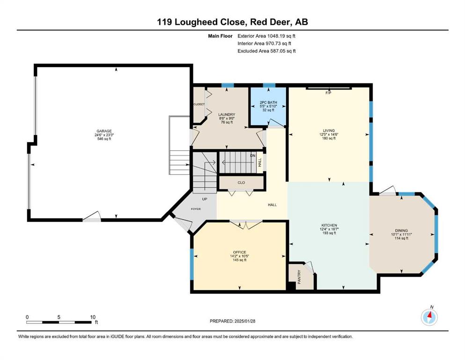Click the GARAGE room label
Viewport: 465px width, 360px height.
pyautogui.click(x=104, y=131)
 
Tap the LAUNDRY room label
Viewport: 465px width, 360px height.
pyautogui.click(x=227, y=114)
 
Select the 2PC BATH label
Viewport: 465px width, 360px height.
pyautogui.click(x=268, y=102)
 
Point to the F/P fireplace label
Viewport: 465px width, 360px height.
pyautogui.click(x=328, y=93)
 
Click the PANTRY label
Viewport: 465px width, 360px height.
pyautogui.click(x=299, y=277)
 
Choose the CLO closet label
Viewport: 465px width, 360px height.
pyautogui.click(x=241, y=182)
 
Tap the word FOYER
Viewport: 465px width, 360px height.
pyautogui.click(x=196, y=209)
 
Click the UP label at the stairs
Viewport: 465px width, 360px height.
pyautogui.click(x=205, y=199)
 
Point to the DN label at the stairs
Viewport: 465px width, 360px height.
pyautogui.click(x=253, y=156)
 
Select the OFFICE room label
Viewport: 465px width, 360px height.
pyautogui.click(x=240, y=252)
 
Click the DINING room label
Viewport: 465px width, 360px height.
pyautogui.click(x=401, y=231)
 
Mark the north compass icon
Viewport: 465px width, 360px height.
pyautogui.click(x=429, y=317)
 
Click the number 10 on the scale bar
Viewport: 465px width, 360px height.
pyautogui.click(x=93, y=317)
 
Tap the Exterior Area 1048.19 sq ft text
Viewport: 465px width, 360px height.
pyautogui.click(x=266, y=36)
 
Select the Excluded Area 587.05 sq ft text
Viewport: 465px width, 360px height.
pyautogui.click(x=266, y=51)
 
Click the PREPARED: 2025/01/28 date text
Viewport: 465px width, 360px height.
pyautogui.click(x=232, y=321)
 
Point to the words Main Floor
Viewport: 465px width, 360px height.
pyautogui.click(x=220, y=36)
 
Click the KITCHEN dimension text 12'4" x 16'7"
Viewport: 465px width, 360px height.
pyautogui.click(x=329, y=229)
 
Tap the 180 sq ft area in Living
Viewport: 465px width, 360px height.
pyautogui.click(x=329, y=138)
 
